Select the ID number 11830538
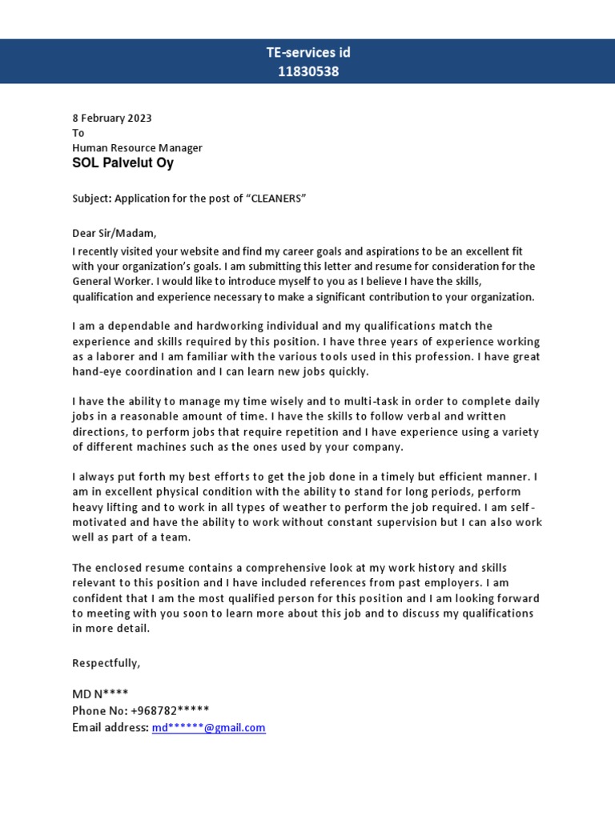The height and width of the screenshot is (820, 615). tap(307, 71)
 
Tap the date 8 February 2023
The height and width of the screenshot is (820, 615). tap(111, 118)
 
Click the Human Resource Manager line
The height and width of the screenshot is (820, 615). tap(137, 147)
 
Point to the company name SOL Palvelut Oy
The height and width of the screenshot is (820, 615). tap(123, 163)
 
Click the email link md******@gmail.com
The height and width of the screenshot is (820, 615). tap(208, 727)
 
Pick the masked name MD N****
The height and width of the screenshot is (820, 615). tap(99, 693)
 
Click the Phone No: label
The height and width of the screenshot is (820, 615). tap(99, 710)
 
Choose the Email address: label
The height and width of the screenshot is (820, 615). tap(110, 727)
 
